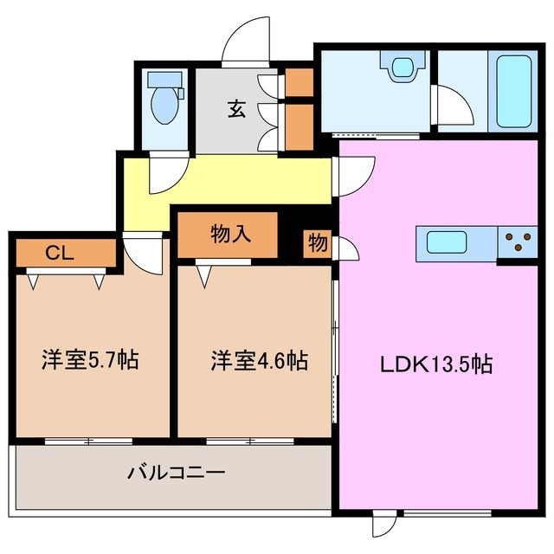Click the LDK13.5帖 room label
point(436,364)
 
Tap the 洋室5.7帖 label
point(90,359)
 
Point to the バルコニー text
point(176,473)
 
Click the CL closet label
point(60,253)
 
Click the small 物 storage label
point(318,243)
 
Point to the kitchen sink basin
point(445,242)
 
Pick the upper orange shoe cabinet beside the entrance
point(299,82)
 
